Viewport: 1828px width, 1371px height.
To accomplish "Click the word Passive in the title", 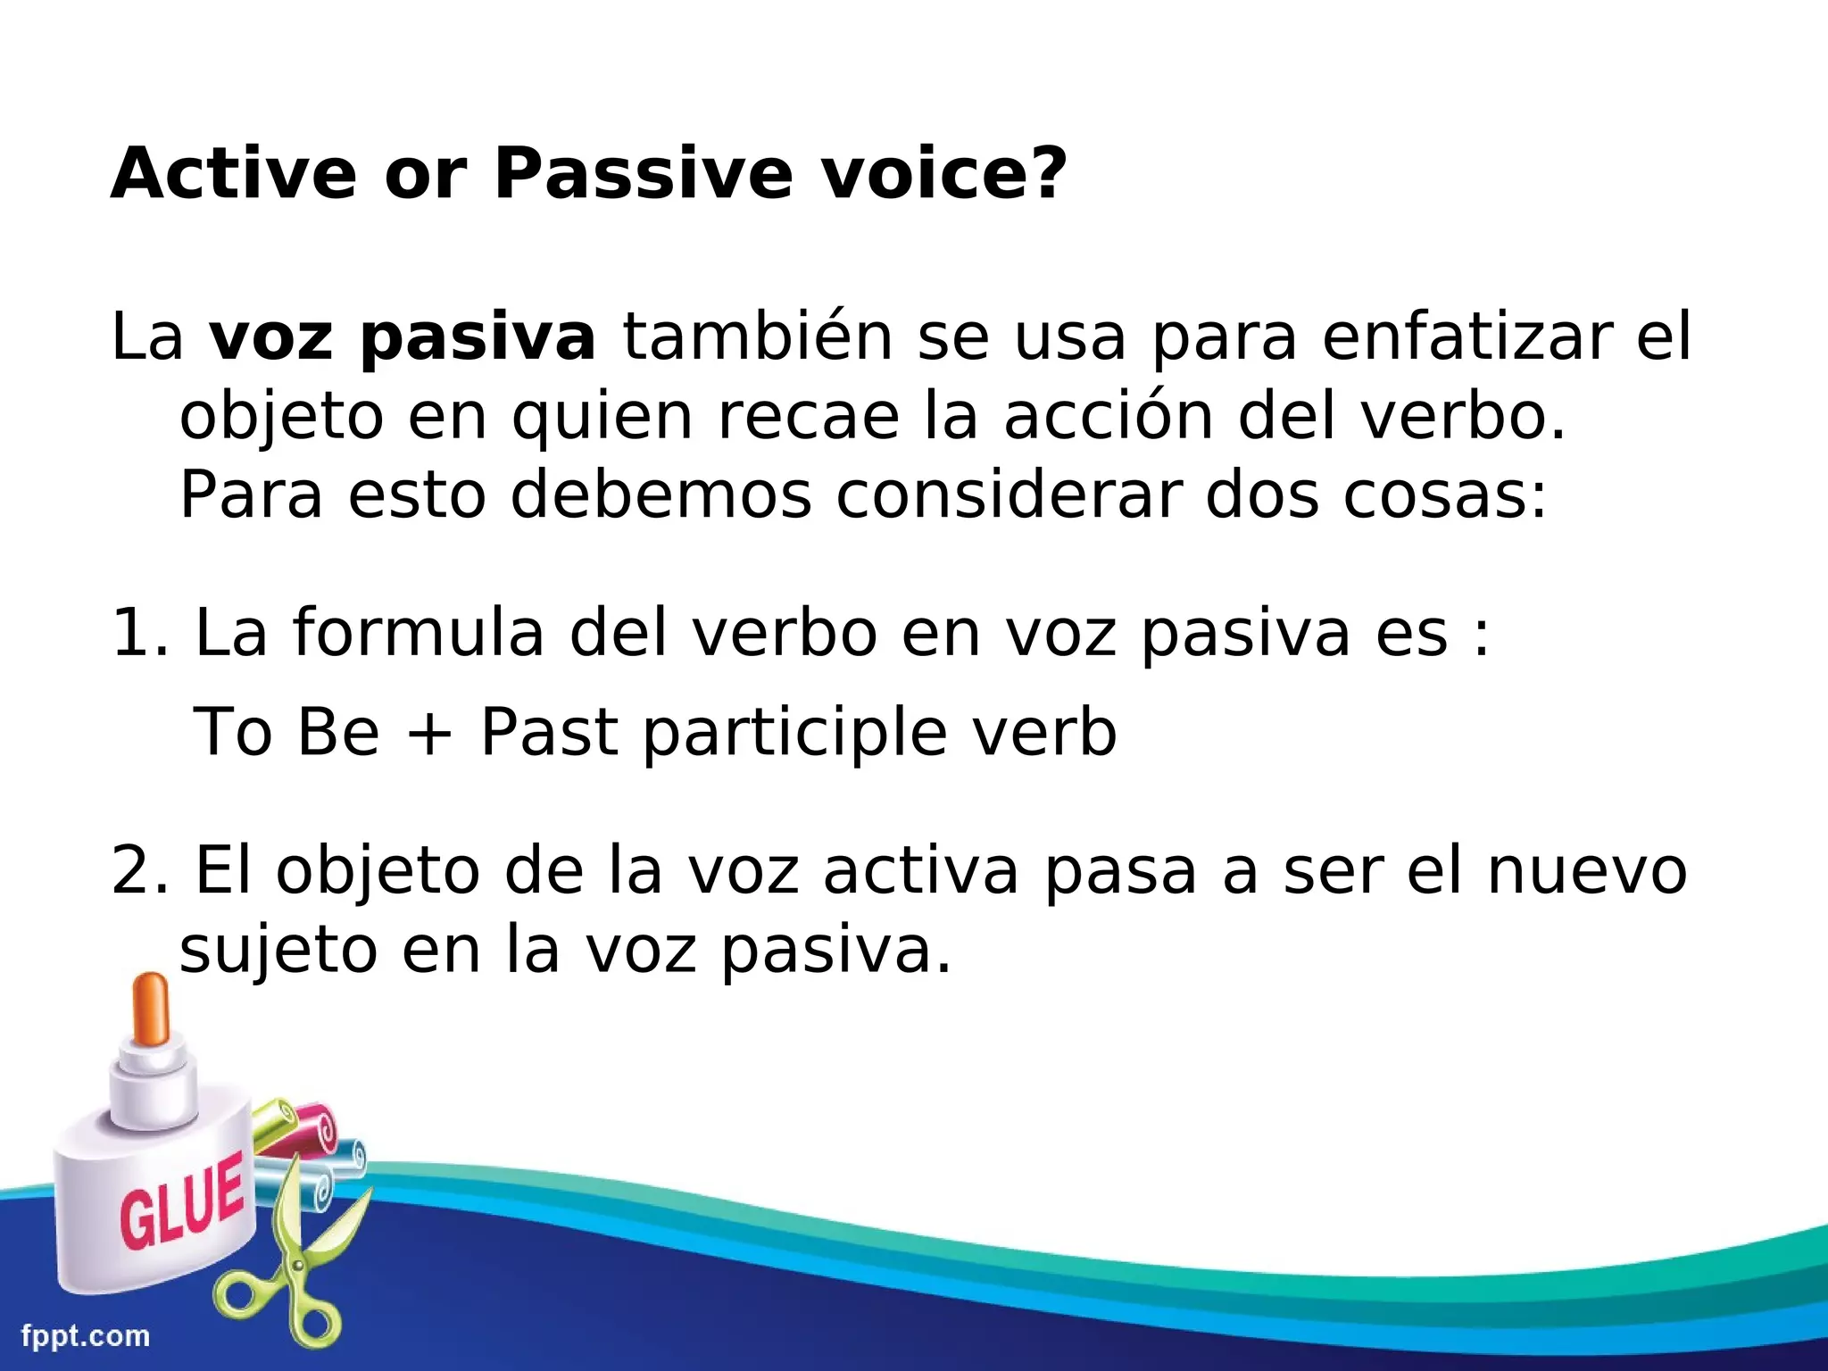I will (x=643, y=173).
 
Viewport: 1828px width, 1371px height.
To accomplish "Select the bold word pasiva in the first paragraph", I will (x=478, y=339).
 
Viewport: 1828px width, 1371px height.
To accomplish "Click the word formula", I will (x=419, y=632).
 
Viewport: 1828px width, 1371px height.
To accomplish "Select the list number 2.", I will (x=134, y=870).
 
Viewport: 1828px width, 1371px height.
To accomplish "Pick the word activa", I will (x=919, y=870).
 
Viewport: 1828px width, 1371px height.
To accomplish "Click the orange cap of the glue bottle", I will (x=150, y=1009).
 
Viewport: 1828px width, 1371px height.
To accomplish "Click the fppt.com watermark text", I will (x=86, y=1336).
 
